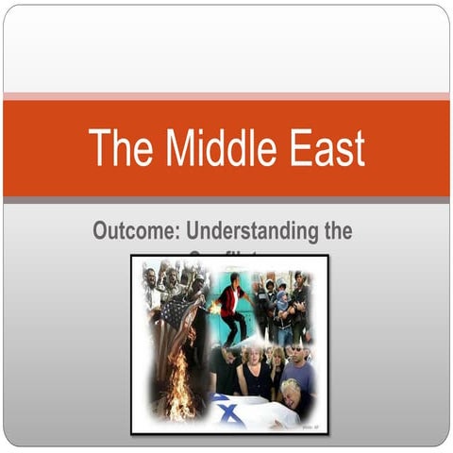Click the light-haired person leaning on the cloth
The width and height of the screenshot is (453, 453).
(287, 396)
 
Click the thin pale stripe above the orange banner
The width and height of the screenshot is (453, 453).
(226, 95)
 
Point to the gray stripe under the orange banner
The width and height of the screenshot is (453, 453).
(226, 200)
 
